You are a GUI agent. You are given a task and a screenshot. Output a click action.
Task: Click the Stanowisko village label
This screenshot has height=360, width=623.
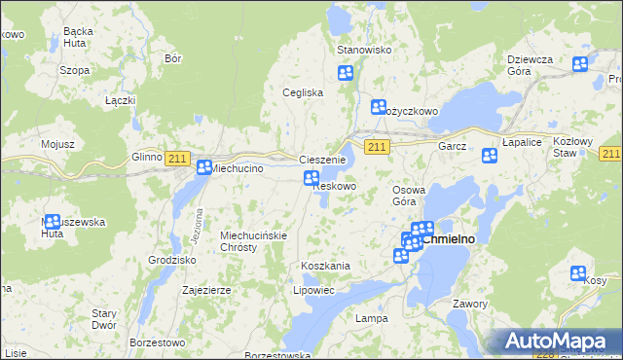(x=362, y=50)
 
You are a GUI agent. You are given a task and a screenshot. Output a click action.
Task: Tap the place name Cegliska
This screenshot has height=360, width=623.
(x=302, y=92)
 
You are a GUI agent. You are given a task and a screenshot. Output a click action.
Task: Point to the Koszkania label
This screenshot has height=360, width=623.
(x=325, y=266)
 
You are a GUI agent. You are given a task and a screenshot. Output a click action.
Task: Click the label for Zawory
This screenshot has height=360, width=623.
(x=470, y=304)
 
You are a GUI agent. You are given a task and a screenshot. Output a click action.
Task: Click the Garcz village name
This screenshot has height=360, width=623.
(x=452, y=146)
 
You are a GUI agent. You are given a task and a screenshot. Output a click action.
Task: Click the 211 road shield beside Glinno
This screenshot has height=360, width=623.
(x=176, y=159)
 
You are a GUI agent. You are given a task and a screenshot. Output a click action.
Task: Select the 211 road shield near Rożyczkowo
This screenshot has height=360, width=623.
(x=379, y=146)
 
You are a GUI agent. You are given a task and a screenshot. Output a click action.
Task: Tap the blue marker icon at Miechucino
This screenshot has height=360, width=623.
(x=203, y=167)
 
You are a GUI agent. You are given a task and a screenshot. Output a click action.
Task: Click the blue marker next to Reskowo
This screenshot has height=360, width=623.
(x=311, y=178)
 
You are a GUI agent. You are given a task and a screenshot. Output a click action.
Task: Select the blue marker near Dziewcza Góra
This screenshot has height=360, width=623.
(x=580, y=64)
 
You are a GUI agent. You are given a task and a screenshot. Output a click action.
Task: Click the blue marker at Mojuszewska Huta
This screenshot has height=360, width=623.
(x=53, y=222)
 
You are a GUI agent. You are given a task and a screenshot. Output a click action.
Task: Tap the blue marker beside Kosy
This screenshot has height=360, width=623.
(x=578, y=273)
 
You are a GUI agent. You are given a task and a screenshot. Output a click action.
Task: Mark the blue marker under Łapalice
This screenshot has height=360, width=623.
(x=489, y=156)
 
